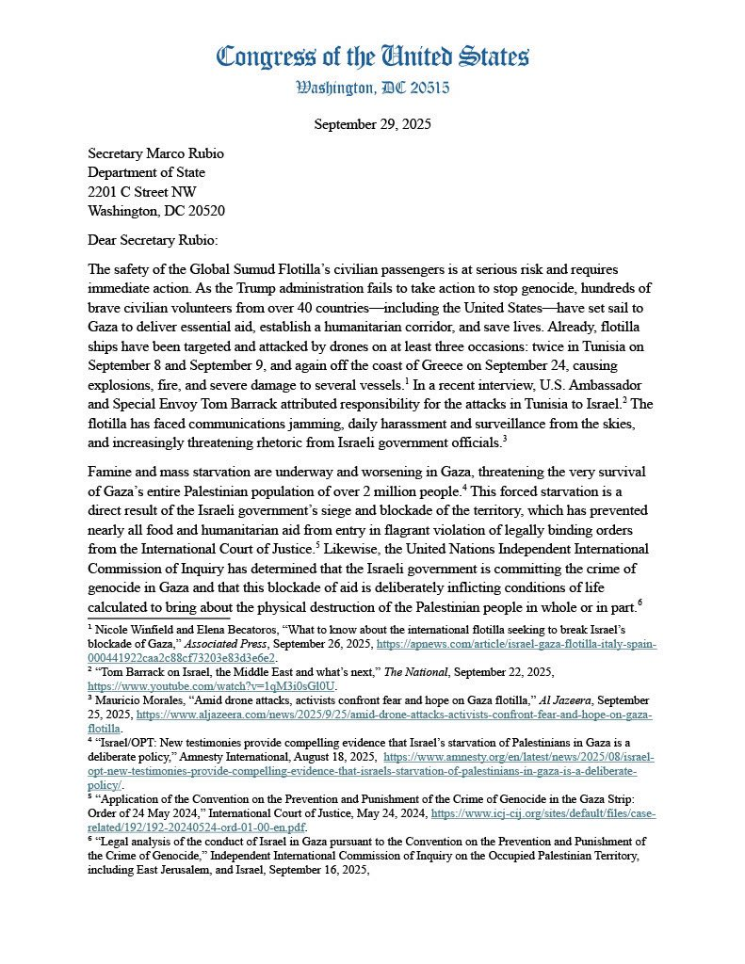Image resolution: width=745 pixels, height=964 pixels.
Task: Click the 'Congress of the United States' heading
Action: pos(372,56)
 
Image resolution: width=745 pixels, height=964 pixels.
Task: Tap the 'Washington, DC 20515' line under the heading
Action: pos(372,88)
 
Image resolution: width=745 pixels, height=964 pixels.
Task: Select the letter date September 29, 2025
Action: pos(372,123)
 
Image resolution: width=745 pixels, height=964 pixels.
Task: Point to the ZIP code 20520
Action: pos(202,210)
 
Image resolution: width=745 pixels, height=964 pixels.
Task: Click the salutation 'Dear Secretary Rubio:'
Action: pos(152,240)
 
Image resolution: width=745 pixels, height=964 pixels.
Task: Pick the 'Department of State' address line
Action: pos(146,172)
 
